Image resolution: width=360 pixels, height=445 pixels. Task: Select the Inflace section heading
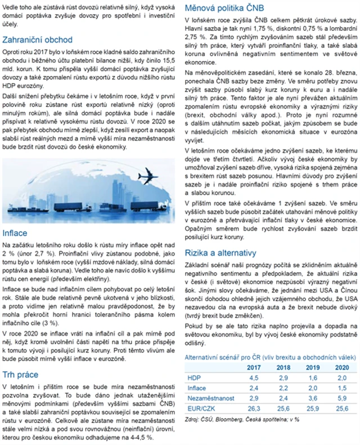point(15,232)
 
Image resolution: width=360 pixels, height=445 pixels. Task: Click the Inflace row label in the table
point(197,388)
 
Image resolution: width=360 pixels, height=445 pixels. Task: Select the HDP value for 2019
point(315,377)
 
